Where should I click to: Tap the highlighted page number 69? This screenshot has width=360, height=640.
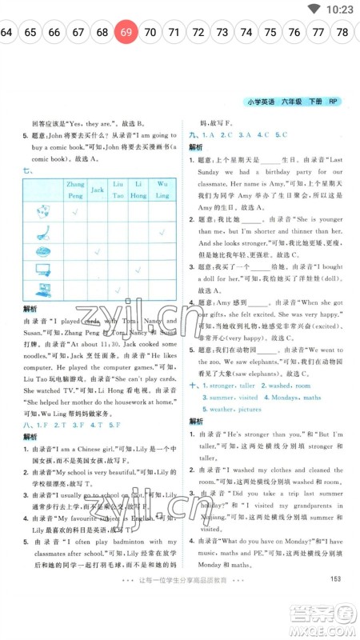coord(126,33)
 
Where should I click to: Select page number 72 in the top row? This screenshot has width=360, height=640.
coord(198,33)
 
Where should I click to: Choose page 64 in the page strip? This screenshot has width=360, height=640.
coord(6,33)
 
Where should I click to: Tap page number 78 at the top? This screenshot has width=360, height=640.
coord(343,33)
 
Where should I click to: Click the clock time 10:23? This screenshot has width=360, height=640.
coord(340,9)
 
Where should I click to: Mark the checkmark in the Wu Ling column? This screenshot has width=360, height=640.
coord(162,233)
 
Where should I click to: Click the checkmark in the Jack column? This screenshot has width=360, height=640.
coord(97,252)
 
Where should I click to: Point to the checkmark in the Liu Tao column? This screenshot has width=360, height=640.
coord(118,290)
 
